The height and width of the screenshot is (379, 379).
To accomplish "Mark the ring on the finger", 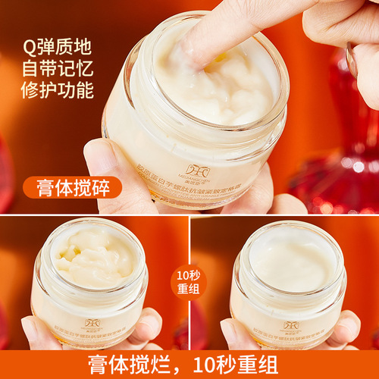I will point(350,59).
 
